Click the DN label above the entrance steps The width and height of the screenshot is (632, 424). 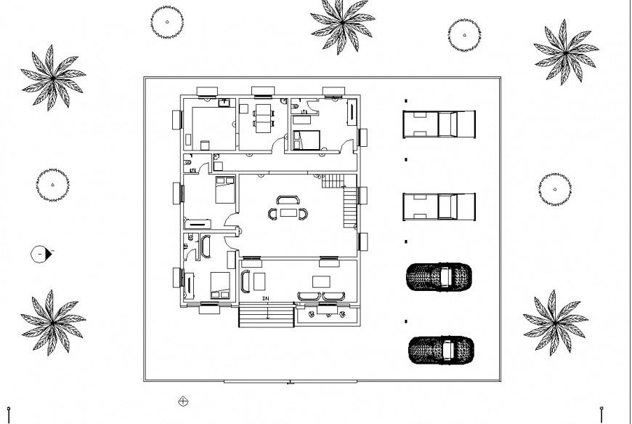pyautogui.click(x=266, y=299)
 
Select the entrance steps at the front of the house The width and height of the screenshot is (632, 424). pyautogui.click(x=267, y=316)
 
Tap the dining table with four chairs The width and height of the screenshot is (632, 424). pyautogui.click(x=264, y=117)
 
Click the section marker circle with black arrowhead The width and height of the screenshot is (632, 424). pyautogui.click(x=41, y=255)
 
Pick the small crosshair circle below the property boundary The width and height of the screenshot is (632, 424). pyautogui.click(x=183, y=401)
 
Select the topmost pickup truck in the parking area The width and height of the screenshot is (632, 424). pyautogui.click(x=439, y=124)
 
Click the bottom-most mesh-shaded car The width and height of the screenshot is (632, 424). pyautogui.click(x=440, y=348)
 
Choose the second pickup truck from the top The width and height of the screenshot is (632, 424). pyautogui.click(x=439, y=206)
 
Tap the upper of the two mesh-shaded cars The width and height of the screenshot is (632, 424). pyautogui.click(x=439, y=276)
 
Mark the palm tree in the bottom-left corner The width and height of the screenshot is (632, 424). pyautogui.click(x=53, y=322)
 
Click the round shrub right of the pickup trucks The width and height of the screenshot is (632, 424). pyautogui.click(x=554, y=189)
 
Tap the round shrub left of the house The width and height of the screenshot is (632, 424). pyautogui.click(x=52, y=185)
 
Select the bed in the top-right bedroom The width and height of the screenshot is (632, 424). pyautogui.click(x=307, y=139)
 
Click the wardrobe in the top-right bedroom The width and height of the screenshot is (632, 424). pyautogui.click(x=352, y=115)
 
